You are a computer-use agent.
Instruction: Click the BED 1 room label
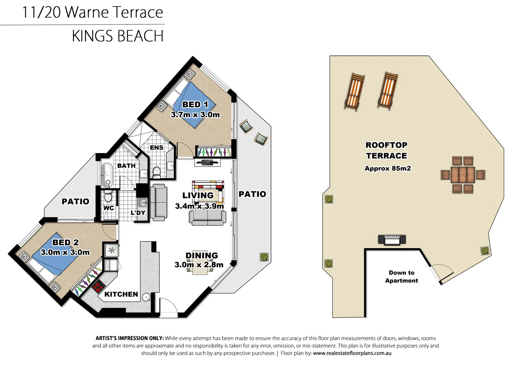[x=195, y=104]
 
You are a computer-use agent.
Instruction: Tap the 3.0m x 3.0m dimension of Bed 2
[x=65, y=252]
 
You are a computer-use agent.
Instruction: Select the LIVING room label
[x=198, y=196]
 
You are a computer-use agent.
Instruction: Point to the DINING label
[x=201, y=256]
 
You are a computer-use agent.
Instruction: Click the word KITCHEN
[x=121, y=295]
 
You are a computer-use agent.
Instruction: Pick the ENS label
[x=157, y=148]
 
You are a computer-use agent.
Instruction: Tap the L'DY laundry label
[x=138, y=213]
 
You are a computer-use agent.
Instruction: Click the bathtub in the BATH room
[x=107, y=175]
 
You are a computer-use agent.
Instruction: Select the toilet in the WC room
[x=108, y=197]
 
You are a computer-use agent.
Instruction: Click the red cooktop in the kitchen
[x=98, y=286]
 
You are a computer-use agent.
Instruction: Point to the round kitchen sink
[x=147, y=297]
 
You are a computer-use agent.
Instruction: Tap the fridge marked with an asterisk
[x=111, y=250]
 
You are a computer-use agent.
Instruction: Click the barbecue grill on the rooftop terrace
[x=392, y=240]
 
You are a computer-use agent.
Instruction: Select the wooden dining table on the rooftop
[x=462, y=175]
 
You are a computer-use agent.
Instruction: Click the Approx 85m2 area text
[x=388, y=168]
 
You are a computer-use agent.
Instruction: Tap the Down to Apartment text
[x=401, y=277]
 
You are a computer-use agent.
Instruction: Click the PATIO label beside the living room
[x=252, y=194]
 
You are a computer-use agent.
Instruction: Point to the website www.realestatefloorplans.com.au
[x=352, y=353]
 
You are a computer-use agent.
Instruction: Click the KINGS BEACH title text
[x=118, y=36]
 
